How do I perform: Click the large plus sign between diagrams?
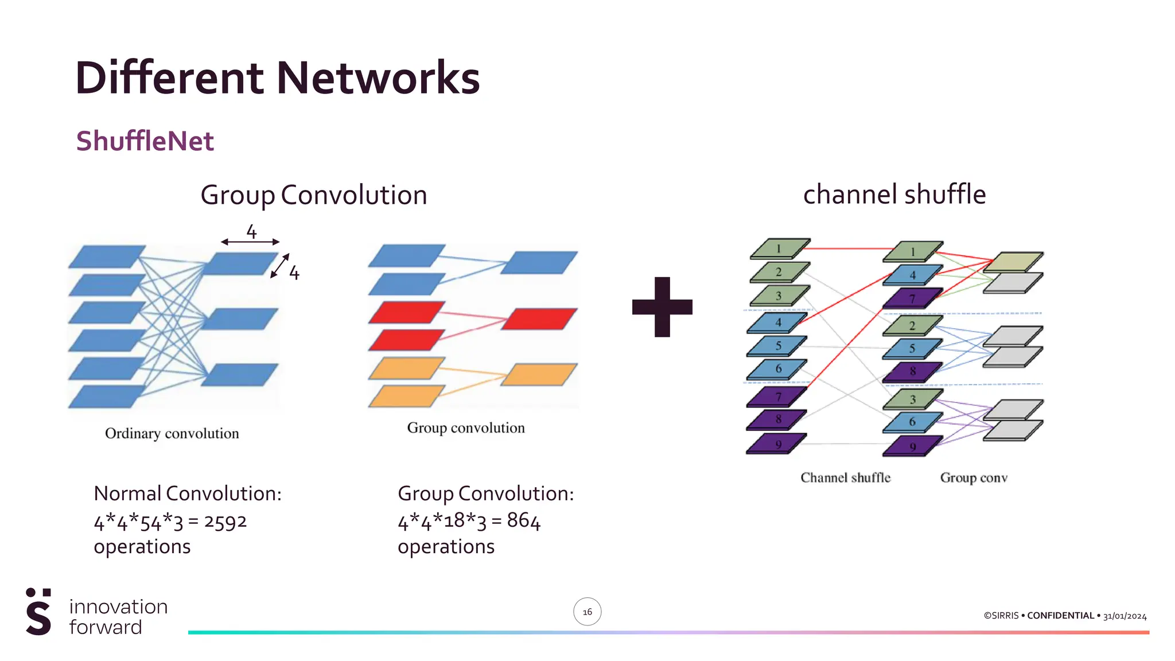[662, 307]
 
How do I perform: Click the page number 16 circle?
[587, 612]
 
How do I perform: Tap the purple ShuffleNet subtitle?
[145, 141]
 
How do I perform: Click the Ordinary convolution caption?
[172, 433]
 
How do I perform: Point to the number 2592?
[225, 522]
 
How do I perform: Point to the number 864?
[523, 520]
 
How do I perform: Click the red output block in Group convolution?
[539, 318]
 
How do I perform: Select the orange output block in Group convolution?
[539, 374]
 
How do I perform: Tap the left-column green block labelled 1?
[779, 248]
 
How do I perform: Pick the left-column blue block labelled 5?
[777, 346]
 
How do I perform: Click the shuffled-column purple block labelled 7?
[912, 298]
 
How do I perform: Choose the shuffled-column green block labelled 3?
[912, 399]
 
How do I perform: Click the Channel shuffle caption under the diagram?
[845, 477]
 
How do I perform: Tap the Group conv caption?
[974, 477]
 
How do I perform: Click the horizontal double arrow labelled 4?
[250, 242]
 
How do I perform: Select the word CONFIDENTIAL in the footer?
[1060, 616]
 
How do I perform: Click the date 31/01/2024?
[1125, 616]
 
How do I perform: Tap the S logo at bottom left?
[38, 612]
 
